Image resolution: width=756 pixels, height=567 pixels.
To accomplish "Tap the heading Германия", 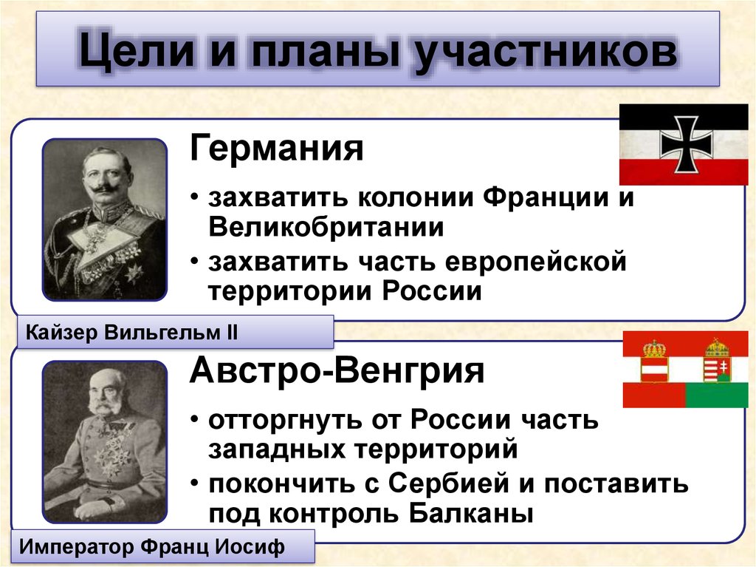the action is tap(276, 147).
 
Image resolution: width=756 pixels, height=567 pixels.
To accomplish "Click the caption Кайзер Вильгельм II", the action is tap(131, 332).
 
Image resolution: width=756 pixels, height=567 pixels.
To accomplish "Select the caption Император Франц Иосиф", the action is tap(151, 546).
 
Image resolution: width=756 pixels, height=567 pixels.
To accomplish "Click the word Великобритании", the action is tap(326, 226).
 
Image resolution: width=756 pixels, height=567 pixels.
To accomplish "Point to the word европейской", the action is tap(535, 261).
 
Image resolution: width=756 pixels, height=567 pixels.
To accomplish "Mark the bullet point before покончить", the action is tap(194, 483).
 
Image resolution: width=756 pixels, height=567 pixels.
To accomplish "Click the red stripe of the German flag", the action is tap(683, 172).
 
